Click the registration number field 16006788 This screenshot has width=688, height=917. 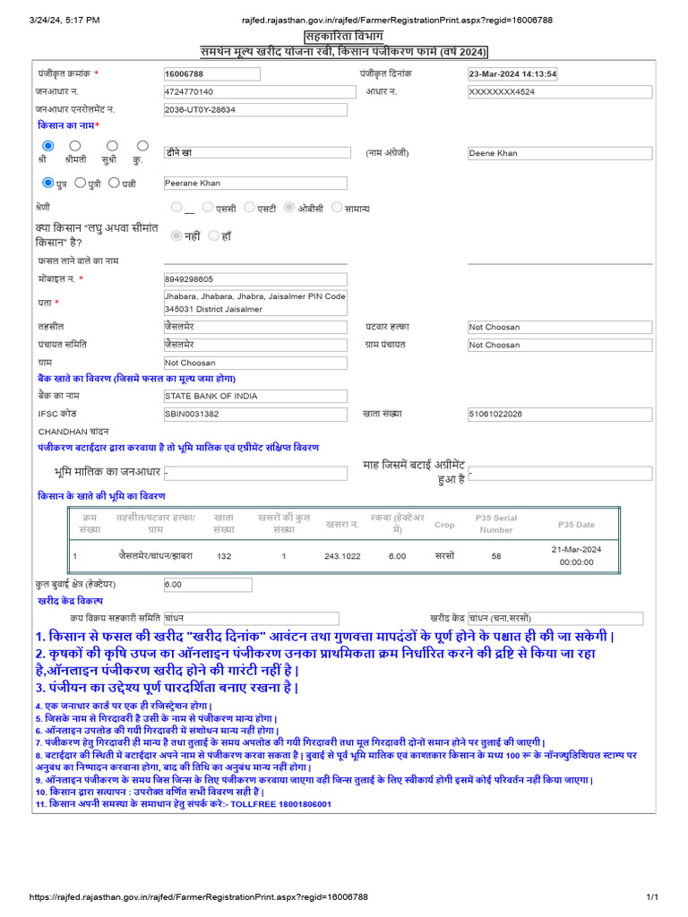[211, 74]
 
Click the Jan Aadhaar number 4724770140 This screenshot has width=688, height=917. [260, 92]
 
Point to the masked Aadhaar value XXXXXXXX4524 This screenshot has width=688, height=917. [560, 92]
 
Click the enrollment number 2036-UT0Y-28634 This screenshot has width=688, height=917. [255, 109]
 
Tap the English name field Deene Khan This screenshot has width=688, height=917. [560, 153]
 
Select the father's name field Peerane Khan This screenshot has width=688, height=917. [255, 184]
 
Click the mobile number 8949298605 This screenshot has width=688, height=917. [255, 279]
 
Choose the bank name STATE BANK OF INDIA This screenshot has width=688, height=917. [255, 396]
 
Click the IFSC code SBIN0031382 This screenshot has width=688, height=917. [255, 414]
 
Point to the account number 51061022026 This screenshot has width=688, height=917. [560, 414]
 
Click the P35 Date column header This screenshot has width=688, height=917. [576, 525]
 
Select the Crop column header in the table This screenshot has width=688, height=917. [444, 525]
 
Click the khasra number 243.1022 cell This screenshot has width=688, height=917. [342, 556]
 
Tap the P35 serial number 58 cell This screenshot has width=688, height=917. [496, 556]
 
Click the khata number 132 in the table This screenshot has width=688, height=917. [224, 556]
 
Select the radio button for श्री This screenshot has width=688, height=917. [48, 146]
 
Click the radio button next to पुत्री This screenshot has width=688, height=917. [81, 183]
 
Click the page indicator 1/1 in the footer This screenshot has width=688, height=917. [652, 896]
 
